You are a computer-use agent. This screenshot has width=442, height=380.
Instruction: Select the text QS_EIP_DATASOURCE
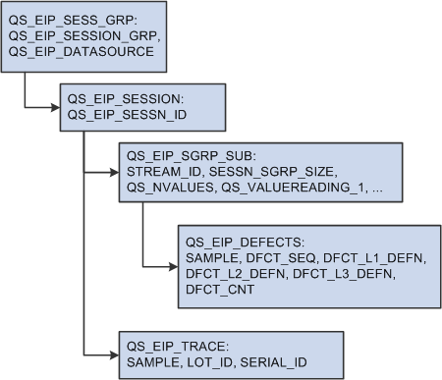coord(81,51)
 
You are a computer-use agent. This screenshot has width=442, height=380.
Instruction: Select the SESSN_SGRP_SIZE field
coord(266,172)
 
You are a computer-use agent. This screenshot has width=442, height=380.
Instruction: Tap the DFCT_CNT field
coord(214,290)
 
